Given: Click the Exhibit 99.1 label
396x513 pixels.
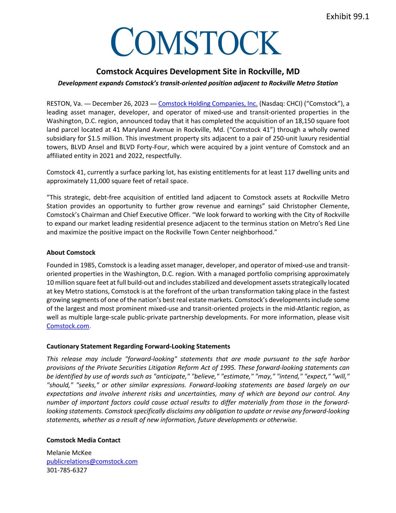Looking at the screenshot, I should [348, 17].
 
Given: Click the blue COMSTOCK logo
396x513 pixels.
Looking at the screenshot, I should [196, 42].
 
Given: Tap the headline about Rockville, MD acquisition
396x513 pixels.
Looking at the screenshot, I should [198, 71].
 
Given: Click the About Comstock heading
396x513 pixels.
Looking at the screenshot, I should [71, 253].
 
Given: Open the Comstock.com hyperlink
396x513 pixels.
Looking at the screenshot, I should [68, 326].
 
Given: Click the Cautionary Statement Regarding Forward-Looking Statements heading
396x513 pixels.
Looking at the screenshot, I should [138, 346].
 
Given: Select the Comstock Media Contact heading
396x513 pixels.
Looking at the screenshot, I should [83, 440].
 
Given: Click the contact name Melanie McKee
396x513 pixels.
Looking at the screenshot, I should [69, 453].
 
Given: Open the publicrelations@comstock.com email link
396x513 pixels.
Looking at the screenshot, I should [92, 462].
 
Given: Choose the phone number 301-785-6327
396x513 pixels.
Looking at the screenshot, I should [67, 470].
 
